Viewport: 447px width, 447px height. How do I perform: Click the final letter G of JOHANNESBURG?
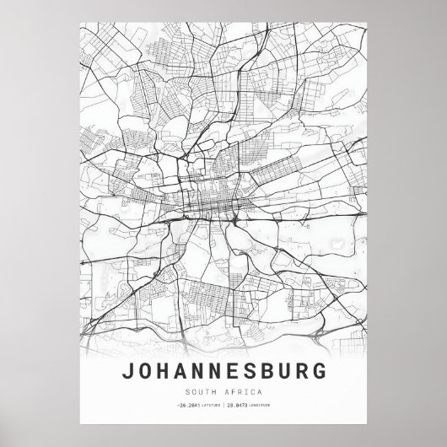click(315, 372)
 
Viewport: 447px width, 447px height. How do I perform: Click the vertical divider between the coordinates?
click(223, 405)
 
